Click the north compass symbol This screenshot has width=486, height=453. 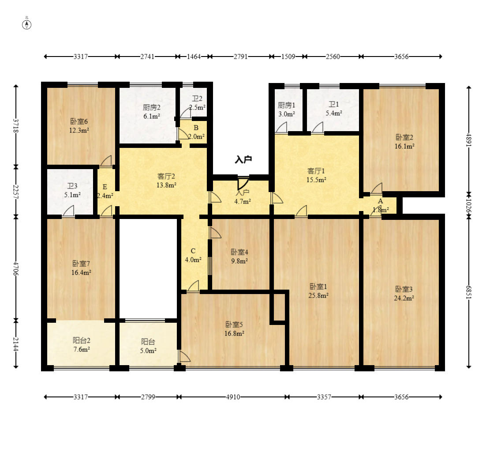click(26, 25)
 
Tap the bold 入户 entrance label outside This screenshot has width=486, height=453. click(243, 159)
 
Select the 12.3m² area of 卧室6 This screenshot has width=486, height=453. click(79, 130)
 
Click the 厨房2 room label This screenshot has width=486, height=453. click(152, 107)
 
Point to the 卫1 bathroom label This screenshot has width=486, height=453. click(334, 104)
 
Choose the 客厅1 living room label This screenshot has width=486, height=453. click(316, 171)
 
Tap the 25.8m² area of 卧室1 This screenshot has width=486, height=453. click(318, 295)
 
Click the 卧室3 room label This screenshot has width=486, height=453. click(404, 289)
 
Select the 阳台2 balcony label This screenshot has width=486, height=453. click(82, 340)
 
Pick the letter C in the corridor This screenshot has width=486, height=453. click(193, 251)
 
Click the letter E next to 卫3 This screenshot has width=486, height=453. click(105, 187)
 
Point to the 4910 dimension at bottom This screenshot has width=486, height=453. click(233, 397)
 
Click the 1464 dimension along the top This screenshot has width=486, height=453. click(194, 57)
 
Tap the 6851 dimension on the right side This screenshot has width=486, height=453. click(469, 292)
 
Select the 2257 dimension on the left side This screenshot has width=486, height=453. click(16, 192)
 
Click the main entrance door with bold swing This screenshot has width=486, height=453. click(243, 183)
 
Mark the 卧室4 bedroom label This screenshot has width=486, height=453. click(239, 252)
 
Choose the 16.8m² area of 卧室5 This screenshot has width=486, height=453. click(234, 333)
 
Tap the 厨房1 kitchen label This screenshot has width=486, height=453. click(286, 105)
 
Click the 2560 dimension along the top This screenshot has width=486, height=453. click(333, 57)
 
